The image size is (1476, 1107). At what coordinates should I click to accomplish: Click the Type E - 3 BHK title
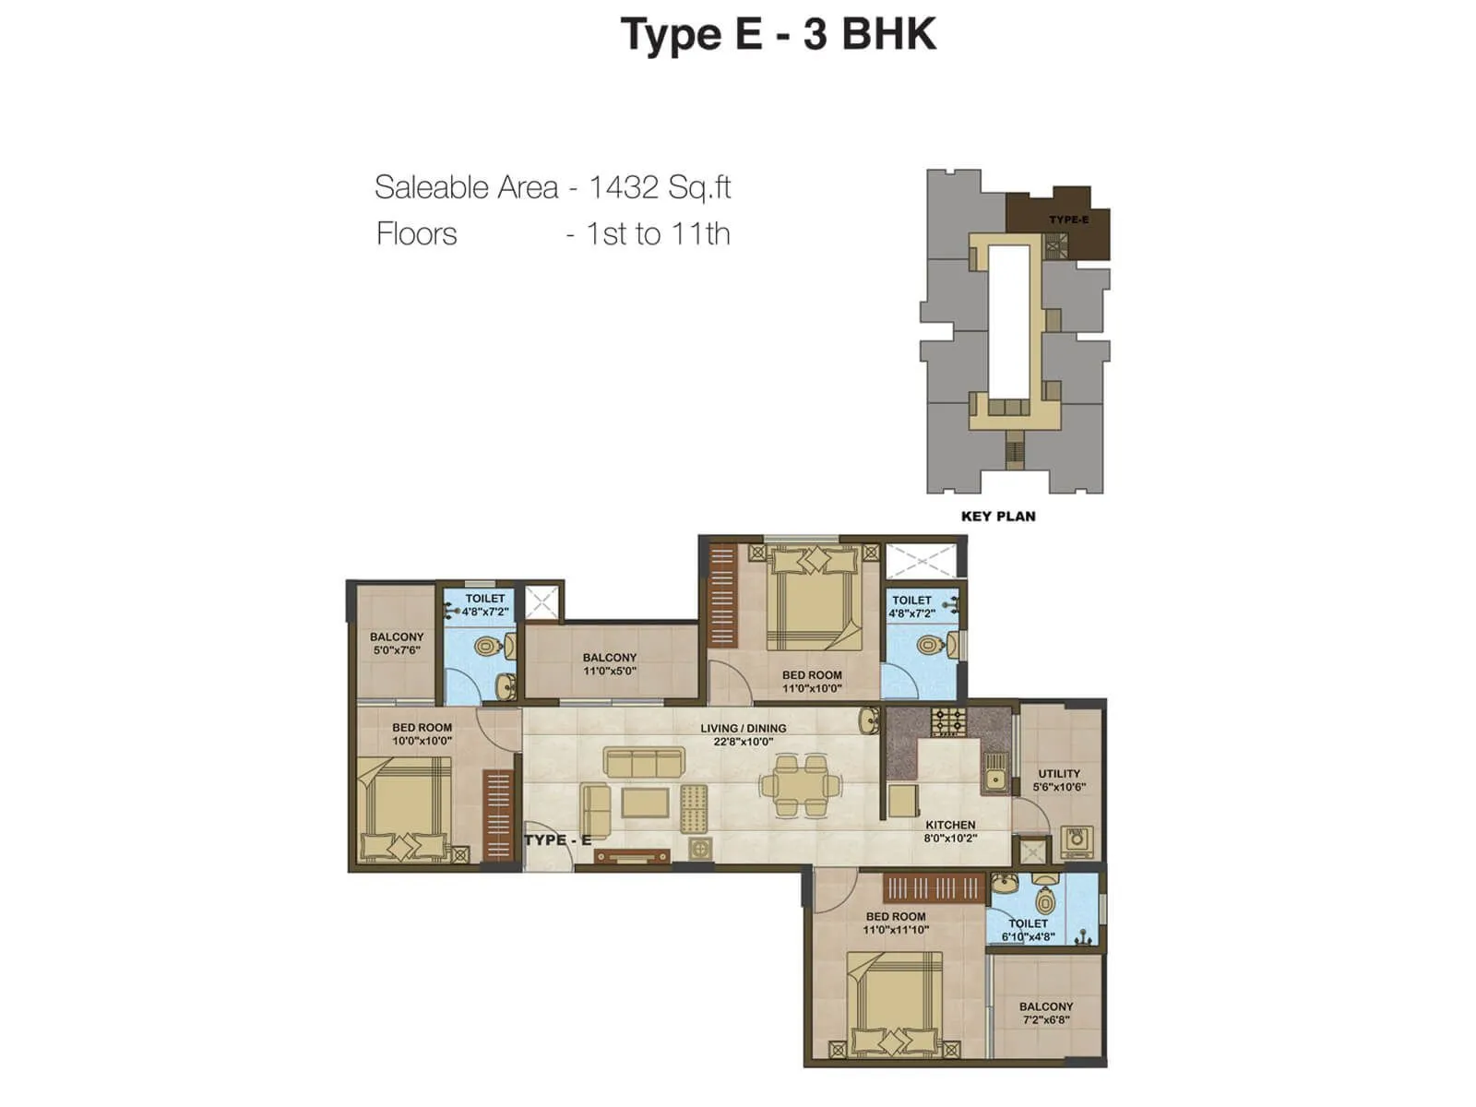click(x=779, y=35)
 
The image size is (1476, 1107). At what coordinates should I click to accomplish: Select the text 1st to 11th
click(x=658, y=234)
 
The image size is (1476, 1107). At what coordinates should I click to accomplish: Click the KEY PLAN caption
click(x=998, y=517)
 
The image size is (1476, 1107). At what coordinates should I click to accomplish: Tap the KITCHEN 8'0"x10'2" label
click(x=950, y=831)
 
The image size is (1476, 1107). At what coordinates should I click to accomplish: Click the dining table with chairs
click(x=800, y=785)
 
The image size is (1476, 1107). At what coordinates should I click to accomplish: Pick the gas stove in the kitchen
click(x=948, y=720)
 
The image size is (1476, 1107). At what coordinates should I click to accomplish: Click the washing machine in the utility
click(x=1075, y=840)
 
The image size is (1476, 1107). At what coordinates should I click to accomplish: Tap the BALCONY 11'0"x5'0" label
click(x=610, y=664)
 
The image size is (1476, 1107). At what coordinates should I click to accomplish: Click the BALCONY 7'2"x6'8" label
click(x=1046, y=1013)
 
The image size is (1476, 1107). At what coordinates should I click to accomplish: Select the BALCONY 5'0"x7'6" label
click(x=397, y=643)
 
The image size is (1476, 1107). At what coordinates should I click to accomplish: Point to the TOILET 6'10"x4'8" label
click(x=1028, y=929)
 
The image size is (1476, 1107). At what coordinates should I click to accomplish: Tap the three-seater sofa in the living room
click(x=644, y=762)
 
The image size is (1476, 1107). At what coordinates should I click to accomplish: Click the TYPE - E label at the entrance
click(x=557, y=839)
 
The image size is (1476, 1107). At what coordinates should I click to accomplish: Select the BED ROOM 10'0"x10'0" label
click(x=422, y=733)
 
